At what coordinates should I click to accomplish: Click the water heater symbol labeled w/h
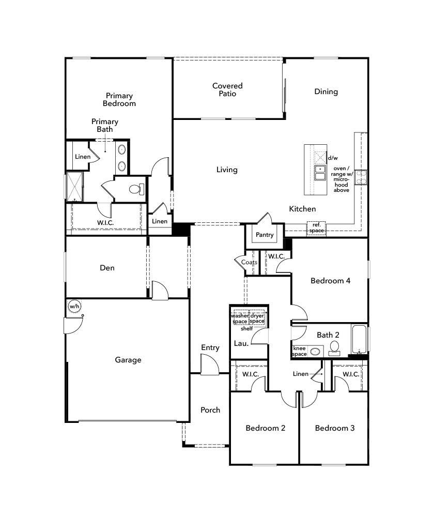click(74, 307)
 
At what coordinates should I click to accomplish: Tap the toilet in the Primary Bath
click(136, 189)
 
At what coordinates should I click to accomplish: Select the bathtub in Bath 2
click(360, 339)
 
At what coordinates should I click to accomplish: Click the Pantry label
click(265, 235)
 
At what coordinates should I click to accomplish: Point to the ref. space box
click(316, 227)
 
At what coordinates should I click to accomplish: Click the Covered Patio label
click(227, 89)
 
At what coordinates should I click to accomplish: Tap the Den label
click(107, 268)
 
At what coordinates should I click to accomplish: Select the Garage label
click(128, 360)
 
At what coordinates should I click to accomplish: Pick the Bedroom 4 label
click(330, 281)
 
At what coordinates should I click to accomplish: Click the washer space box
click(240, 318)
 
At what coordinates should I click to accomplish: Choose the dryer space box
click(257, 318)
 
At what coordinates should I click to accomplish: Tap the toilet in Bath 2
click(334, 347)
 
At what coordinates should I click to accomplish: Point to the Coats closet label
click(250, 262)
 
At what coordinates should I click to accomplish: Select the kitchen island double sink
click(320, 173)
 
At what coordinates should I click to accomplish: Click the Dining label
click(326, 92)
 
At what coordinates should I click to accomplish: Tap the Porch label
click(210, 410)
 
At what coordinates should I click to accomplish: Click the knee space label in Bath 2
click(300, 351)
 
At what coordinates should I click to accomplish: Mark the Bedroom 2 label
click(265, 428)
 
